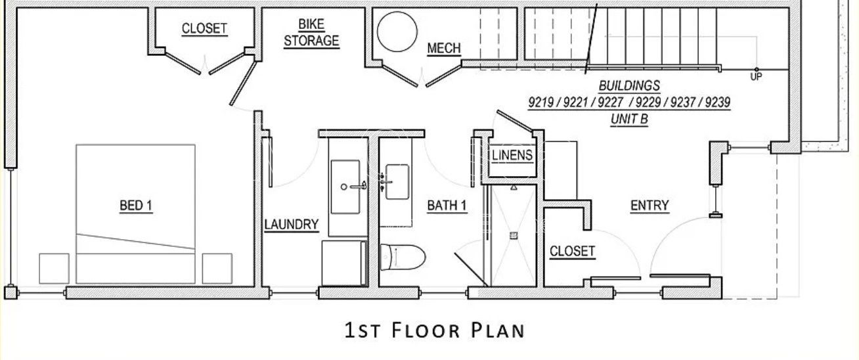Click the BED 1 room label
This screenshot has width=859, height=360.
point(136,206)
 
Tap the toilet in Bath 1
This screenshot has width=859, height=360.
point(403,257)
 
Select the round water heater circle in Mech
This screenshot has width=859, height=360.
point(397,32)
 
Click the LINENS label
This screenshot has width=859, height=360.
point(512,156)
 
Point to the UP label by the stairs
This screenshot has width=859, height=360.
point(756,77)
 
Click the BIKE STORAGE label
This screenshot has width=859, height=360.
point(311,33)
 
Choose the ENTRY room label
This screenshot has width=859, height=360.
point(650,206)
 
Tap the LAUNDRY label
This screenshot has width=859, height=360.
point(292,225)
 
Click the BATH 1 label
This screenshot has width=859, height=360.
point(447,206)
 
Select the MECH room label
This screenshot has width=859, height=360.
point(444,49)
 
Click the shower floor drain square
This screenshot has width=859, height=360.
point(514,235)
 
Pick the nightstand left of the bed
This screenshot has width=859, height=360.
point(54,268)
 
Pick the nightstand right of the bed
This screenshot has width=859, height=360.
point(217,268)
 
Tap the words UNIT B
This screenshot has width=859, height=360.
point(629,120)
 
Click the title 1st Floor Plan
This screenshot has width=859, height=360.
point(435,330)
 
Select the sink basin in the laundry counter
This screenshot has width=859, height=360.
point(345,187)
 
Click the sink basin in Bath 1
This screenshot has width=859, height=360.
point(397,182)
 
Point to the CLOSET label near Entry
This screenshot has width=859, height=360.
point(572,252)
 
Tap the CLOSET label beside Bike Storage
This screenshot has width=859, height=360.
point(204,29)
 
